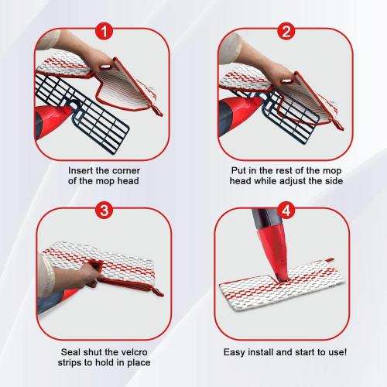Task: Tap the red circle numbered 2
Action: coord(286,31)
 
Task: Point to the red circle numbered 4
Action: coord(286,211)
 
